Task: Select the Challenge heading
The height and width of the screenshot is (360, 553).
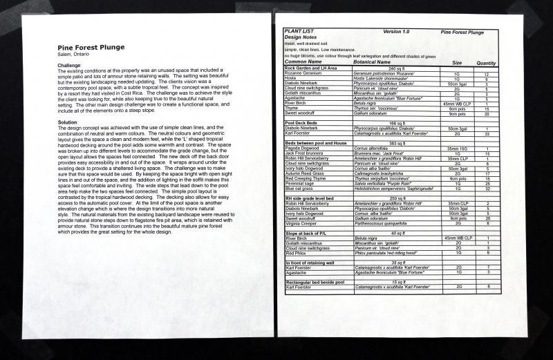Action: point(69,65)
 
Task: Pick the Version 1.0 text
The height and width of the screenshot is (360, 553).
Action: point(396,32)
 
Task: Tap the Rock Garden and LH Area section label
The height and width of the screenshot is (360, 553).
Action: point(310,68)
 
